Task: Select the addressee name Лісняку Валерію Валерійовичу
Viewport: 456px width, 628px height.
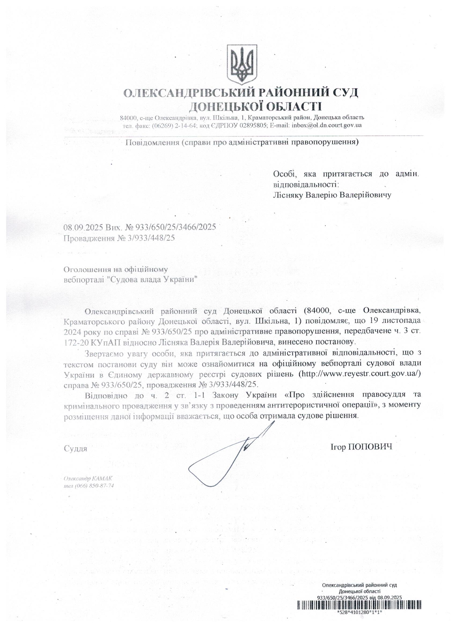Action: pos(332,195)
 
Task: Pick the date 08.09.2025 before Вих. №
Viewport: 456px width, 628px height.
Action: pos(83,227)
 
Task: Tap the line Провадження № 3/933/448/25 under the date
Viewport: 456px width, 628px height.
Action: pos(119,238)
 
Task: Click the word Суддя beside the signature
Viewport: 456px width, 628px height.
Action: pos(75,448)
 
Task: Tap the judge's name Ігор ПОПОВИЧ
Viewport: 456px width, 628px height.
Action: pos(361,447)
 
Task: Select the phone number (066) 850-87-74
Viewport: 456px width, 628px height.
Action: pos(94,486)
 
